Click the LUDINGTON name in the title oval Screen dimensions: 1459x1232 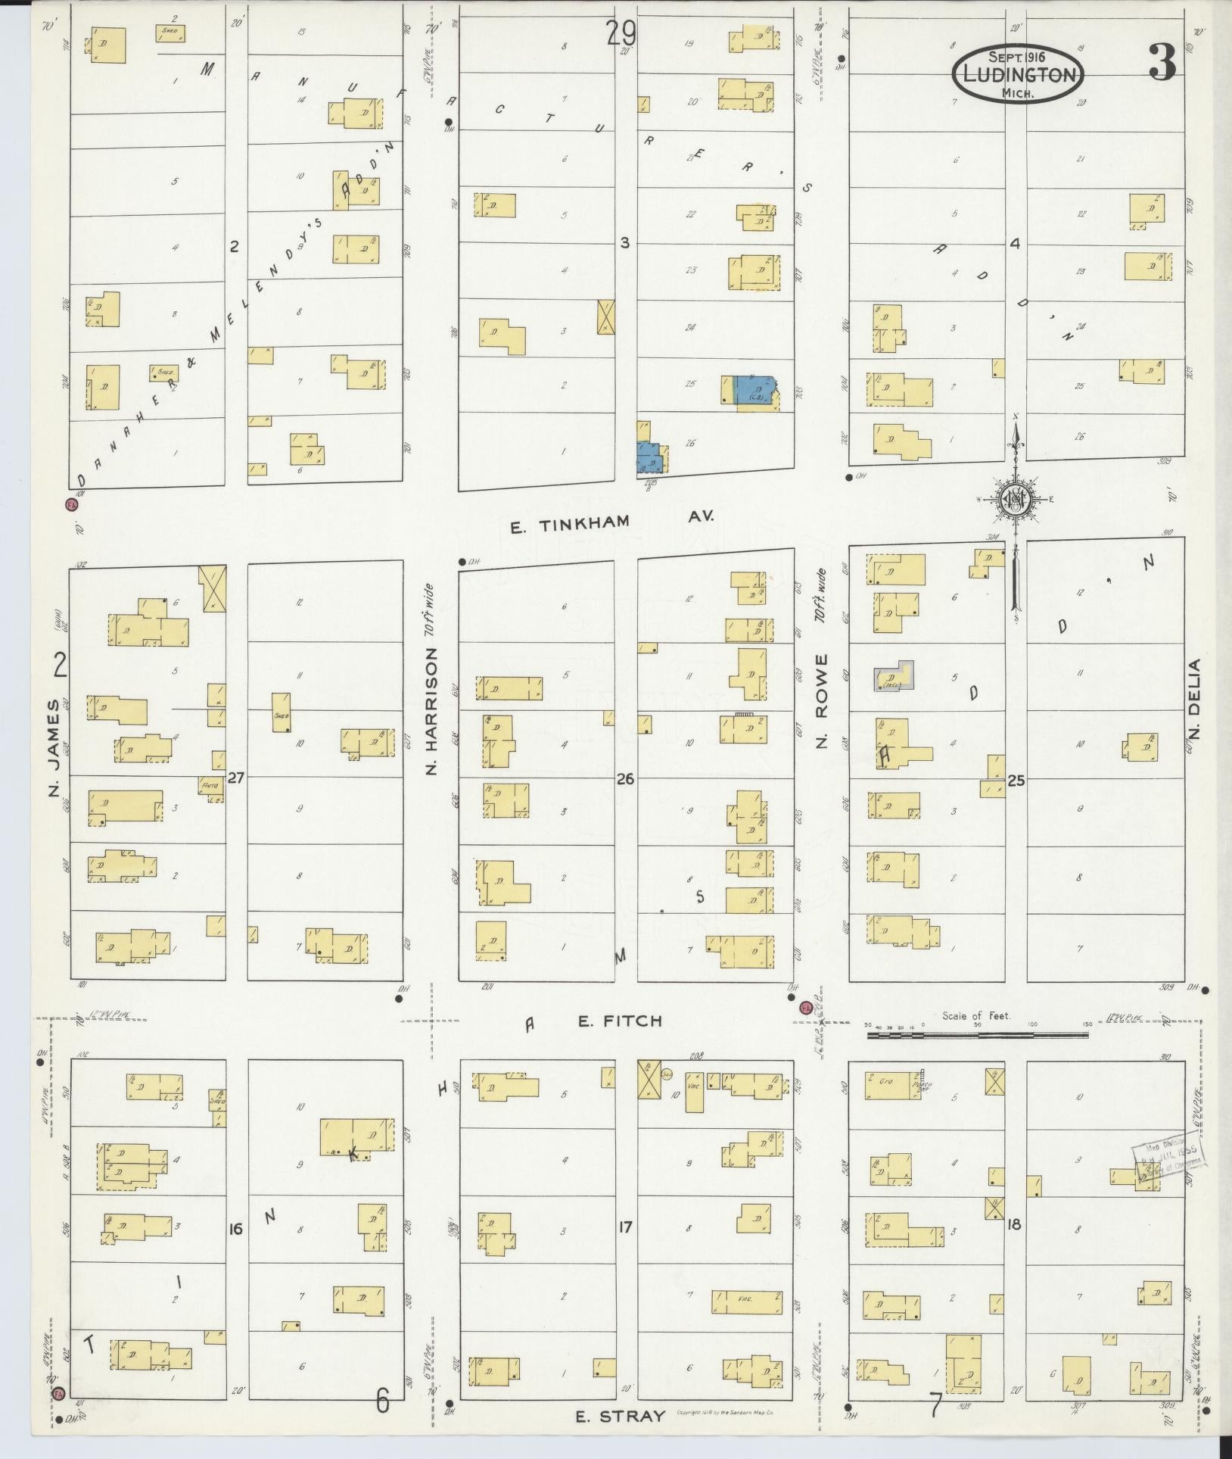(x=1018, y=75)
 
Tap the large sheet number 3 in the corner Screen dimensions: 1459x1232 (x=1162, y=63)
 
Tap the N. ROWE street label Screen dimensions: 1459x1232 (x=823, y=701)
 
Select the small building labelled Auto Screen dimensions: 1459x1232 (x=210, y=786)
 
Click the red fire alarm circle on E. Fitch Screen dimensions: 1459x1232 (x=806, y=1007)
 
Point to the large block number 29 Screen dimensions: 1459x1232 (x=621, y=34)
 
